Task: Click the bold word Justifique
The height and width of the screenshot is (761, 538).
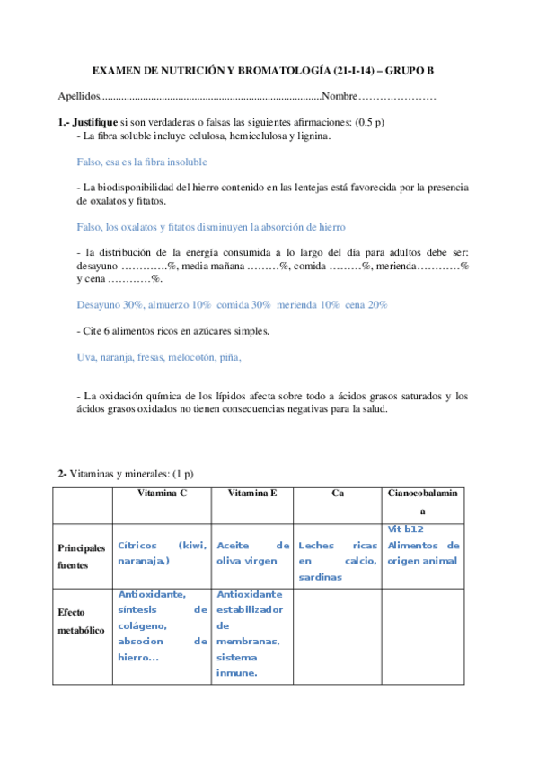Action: pos(95,122)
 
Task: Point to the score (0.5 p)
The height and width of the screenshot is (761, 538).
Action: pos(370,122)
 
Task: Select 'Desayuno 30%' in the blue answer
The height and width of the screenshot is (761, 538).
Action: pos(110,305)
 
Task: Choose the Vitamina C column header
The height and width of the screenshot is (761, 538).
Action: pos(161,494)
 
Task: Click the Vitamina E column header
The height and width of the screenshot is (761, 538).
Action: pos(252,494)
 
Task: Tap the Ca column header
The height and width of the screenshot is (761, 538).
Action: pos(338,494)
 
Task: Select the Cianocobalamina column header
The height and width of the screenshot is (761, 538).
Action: pos(422,501)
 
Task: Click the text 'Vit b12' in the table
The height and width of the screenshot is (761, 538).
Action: pos(405,529)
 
